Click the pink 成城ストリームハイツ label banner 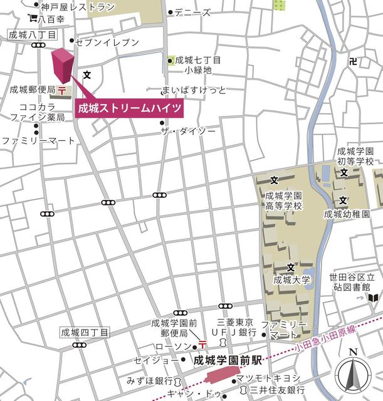pos(130,108)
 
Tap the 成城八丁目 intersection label pos(33,36)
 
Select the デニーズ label pos(192,13)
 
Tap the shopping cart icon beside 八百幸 pos(32,19)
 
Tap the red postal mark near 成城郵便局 pos(63,91)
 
